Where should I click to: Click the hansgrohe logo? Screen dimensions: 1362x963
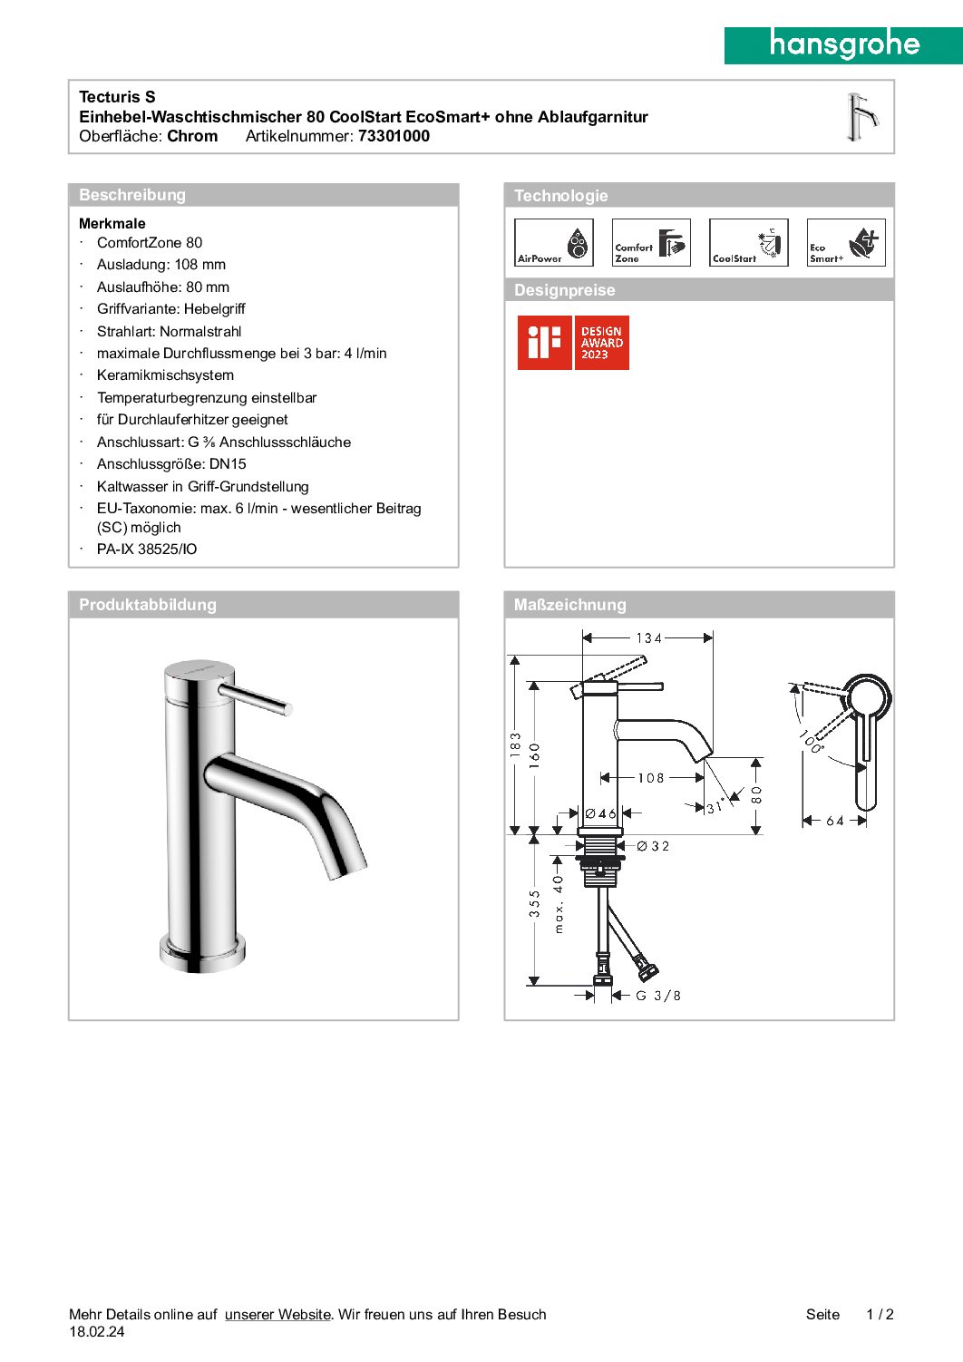pyautogui.click(x=843, y=44)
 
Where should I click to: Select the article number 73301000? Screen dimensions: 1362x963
pyautogui.click(x=394, y=137)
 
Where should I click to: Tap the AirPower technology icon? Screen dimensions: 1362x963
pyautogui.click(x=553, y=243)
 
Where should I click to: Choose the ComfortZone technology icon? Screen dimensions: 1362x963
pyautogui.click(x=651, y=243)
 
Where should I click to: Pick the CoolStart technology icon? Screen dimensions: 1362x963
pyautogui.click(x=748, y=243)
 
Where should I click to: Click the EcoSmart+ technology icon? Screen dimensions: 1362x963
pyautogui.click(x=846, y=243)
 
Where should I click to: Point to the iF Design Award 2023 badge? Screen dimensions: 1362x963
pyautogui.click(x=573, y=343)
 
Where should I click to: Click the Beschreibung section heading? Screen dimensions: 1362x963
pyautogui.click(x=132, y=195)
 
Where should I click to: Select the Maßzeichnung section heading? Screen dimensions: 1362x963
pyautogui.click(x=569, y=605)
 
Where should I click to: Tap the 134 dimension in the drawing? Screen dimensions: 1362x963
pyautogui.click(x=649, y=638)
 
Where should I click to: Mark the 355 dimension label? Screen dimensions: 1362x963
pyautogui.click(x=535, y=903)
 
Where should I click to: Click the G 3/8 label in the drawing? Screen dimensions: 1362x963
pyautogui.click(x=658, y=996)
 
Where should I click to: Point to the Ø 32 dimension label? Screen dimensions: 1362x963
pyautogui.click(x=653, y=846)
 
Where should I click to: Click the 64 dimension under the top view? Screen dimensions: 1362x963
pyautogui.click(x=835, y=822)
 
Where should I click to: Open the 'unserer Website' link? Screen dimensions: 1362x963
pyautogui.click(x=277, y=1315)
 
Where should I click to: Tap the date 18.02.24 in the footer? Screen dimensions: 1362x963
pyautogui.click(x=97, y=1332)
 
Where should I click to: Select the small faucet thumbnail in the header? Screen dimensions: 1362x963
pyautogui.click(x=861, y=118)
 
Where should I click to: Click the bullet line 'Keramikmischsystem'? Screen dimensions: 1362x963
pyautogui.click(x=165, y=375)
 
